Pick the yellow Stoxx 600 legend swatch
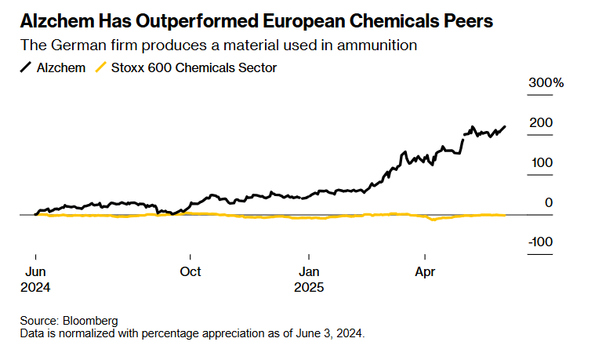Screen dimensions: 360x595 100,68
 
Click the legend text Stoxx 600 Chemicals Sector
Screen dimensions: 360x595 194,68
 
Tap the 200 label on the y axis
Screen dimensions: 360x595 542,123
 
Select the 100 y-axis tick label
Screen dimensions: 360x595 542,162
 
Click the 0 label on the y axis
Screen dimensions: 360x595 549,202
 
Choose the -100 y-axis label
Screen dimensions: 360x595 540,242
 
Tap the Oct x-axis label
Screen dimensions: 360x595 190,272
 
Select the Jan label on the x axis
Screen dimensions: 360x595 310,272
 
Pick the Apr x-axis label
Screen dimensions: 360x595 425,272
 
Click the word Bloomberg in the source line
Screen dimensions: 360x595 92,321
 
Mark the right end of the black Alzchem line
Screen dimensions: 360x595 505,126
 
